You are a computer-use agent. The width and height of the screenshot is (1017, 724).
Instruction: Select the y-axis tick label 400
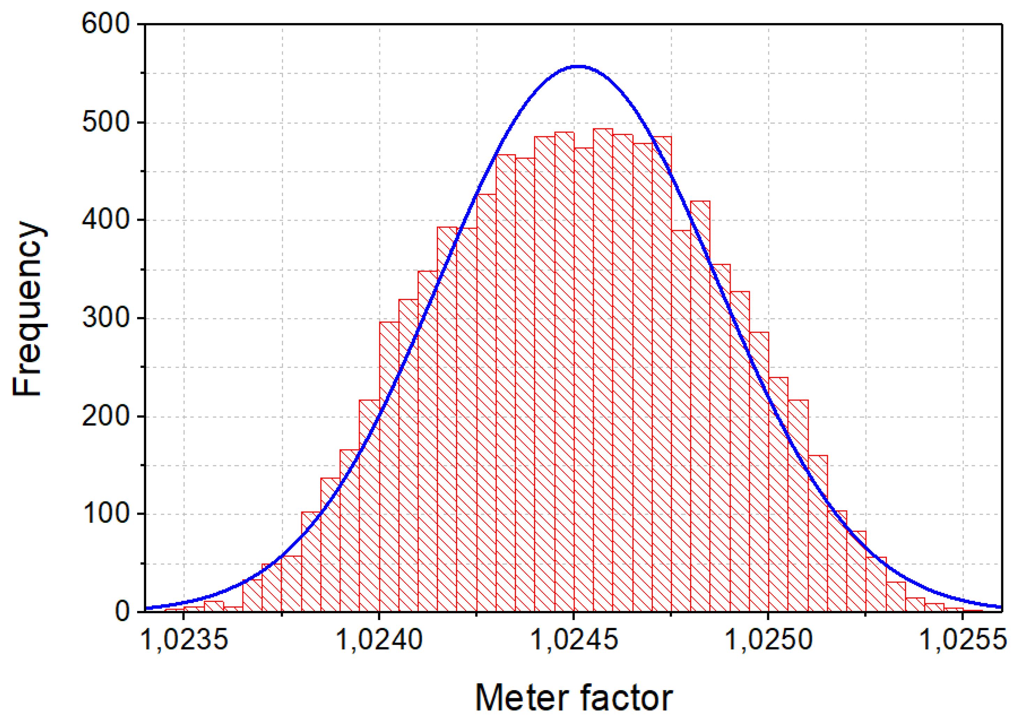[105, 219]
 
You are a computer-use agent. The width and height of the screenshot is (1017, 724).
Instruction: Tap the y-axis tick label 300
[105, 318]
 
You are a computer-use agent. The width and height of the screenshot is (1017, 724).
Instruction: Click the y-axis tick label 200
[105, 416]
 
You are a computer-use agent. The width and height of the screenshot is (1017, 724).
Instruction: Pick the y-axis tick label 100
[105, 514]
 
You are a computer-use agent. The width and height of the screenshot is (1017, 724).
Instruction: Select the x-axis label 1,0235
[184, 640]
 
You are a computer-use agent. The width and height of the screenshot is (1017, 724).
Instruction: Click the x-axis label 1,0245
[574, 640]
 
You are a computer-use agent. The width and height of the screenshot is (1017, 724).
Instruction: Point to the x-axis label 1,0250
[769, 640]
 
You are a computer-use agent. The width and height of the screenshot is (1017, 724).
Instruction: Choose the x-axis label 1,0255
[963, 640]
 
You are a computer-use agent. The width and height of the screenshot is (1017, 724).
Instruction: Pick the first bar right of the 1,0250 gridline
[778, 490]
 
